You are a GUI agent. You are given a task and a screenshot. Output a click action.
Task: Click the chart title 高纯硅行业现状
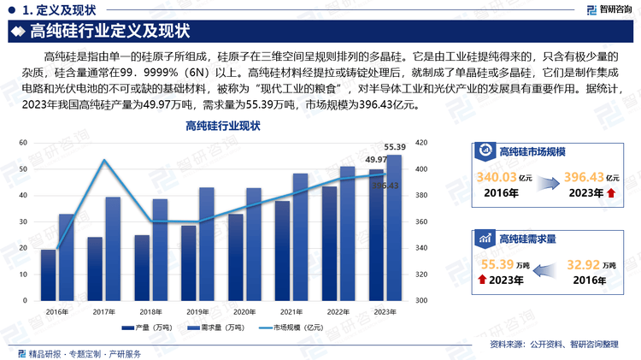pos(223,127)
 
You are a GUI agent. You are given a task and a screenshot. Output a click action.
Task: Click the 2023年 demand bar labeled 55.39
pos(394,227)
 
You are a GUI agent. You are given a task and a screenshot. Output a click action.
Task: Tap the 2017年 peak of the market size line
pos(104,160)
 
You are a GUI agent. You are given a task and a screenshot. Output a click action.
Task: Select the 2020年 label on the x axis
pos(244,311)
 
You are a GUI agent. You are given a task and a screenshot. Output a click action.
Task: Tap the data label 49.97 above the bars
pos(376,160)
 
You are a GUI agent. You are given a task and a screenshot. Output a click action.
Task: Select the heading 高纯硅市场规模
pos(532,151)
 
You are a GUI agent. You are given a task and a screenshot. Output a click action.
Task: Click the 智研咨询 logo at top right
pos(609,10)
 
